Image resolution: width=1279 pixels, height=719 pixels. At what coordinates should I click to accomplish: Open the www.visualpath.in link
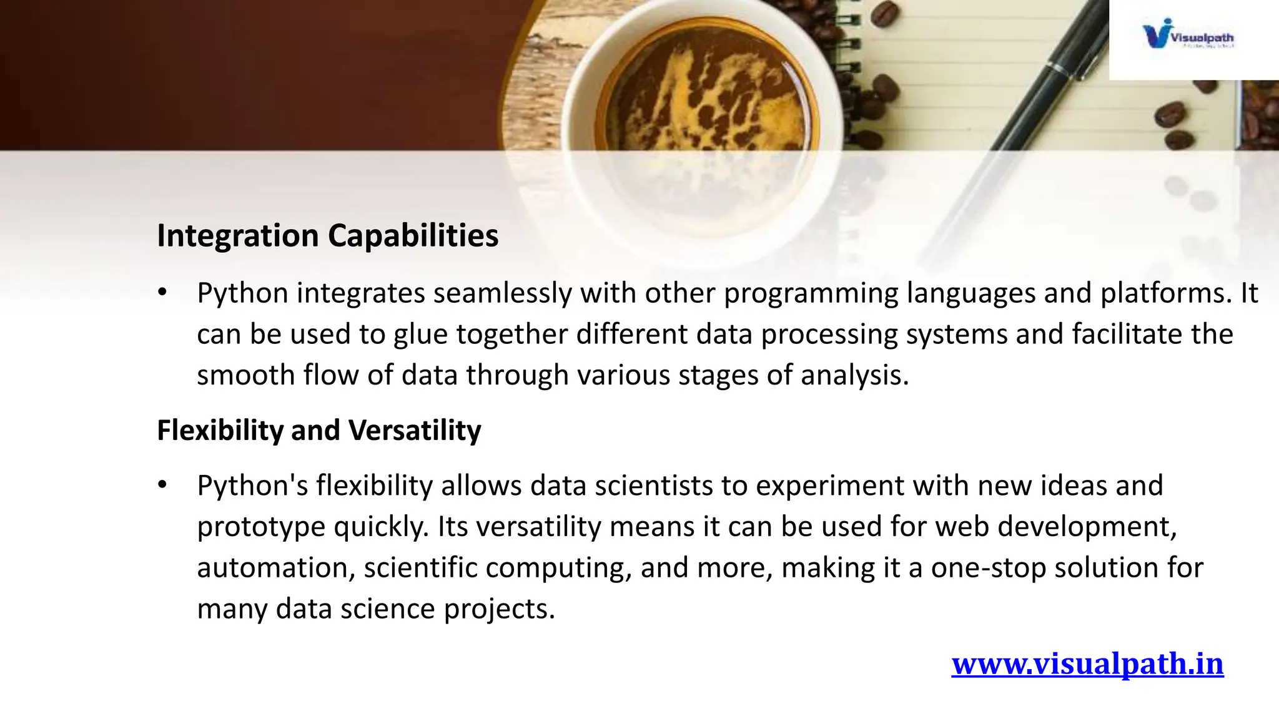coord(1087,663)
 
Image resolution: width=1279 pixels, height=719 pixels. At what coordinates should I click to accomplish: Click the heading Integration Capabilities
coord(327,236)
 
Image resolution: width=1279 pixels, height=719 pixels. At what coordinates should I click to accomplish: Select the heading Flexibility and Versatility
coord(319,430)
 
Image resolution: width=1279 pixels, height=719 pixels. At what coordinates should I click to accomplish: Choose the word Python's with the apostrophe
coord(252,486)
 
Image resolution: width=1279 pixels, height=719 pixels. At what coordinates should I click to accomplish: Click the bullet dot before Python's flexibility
coord(162,485)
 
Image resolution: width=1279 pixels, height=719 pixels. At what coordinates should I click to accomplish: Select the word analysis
coord(854,376)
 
